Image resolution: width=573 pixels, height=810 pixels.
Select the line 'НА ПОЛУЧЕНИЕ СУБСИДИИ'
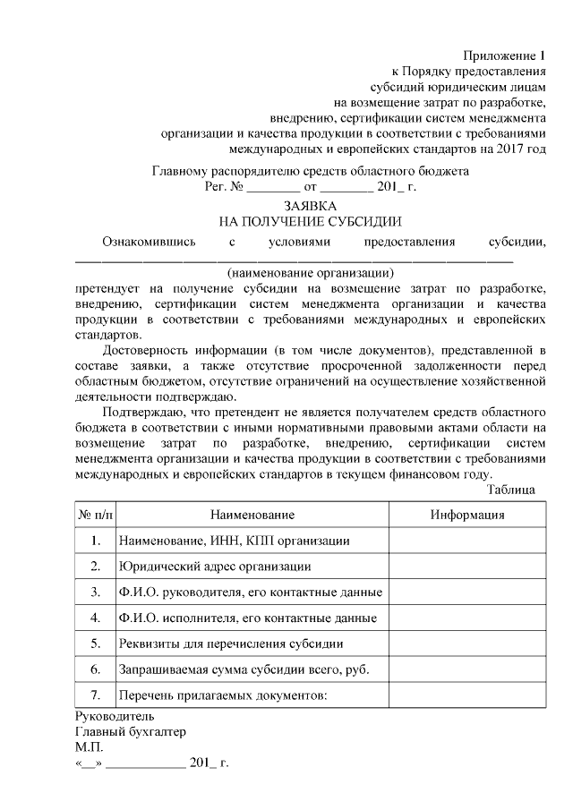(x=310, y=221)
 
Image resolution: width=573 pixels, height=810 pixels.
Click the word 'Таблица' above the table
(x=511, y=490)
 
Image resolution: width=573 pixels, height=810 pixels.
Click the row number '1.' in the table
(x=95, y=541)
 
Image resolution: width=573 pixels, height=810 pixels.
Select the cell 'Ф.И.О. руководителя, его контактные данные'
(x=251, y=593)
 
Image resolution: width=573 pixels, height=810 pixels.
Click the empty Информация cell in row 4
(x=466, y=618)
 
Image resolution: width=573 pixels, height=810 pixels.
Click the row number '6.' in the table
(x=95, y=669)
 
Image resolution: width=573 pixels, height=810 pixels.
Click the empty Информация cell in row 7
(x=466, y=695)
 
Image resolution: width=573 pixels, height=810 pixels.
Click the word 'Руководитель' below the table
(x=115, y=716)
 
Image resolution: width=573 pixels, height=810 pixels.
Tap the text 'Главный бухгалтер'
(x=131, y=732)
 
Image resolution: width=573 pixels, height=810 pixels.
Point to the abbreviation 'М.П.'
(x=90, y=748)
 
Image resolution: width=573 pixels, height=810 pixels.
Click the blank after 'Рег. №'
(x=273, y=189)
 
